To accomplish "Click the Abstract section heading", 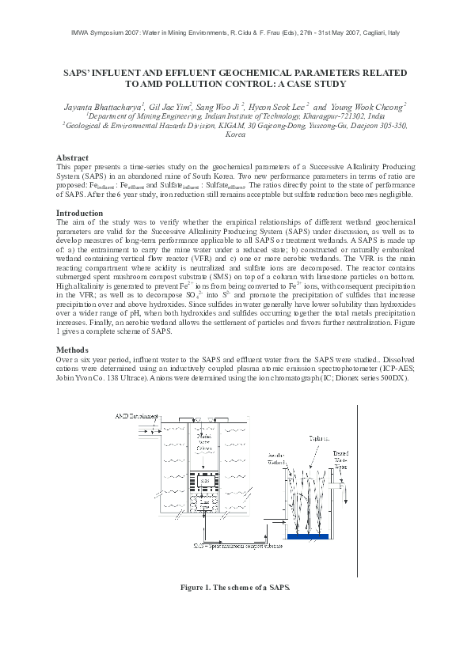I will pos(72,157).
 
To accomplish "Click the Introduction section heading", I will pos(79,214).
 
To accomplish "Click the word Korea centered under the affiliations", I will pos(235,135).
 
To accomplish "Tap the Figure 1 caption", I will pos(235,588).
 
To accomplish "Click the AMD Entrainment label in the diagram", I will pos(136,415).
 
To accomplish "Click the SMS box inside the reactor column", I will pos(204,480).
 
